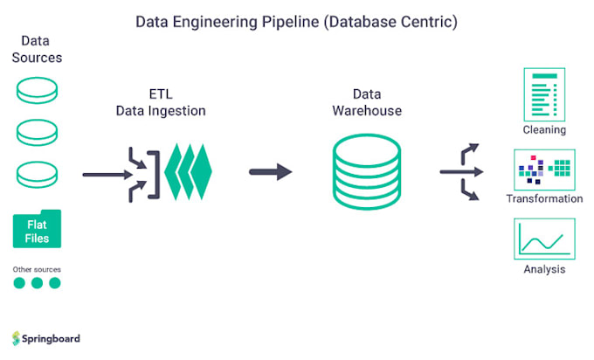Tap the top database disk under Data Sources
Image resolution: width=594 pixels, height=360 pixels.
37,92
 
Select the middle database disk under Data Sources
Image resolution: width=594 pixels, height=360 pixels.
37,133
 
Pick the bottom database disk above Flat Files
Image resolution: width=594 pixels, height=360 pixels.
37,172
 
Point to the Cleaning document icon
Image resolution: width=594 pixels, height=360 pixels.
544,95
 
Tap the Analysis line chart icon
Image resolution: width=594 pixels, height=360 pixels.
544,237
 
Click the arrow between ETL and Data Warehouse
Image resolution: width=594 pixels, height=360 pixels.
271,171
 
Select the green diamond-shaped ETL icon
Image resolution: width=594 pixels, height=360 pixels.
189,171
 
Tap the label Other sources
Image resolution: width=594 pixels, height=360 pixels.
37,268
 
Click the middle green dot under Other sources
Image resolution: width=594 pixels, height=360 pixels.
37,283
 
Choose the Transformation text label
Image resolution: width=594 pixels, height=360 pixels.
544,198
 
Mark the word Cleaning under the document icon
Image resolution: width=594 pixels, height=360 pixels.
544,129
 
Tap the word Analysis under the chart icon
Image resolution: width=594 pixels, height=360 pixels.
544,268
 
